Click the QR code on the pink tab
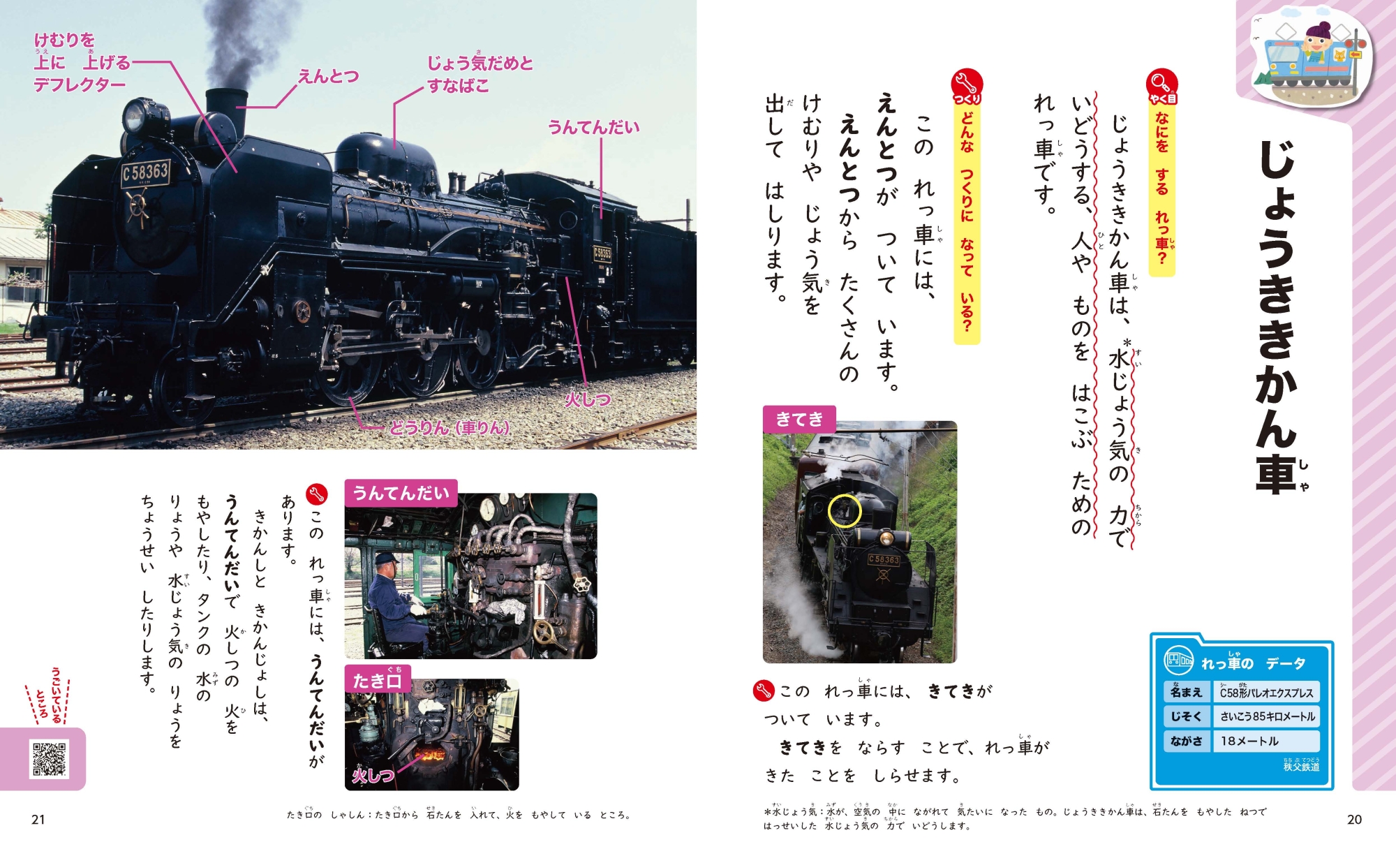[49, 758]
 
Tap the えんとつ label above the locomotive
[328, 76]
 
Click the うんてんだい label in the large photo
[593, 127]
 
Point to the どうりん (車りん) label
[450, 427]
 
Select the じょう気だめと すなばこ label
[480, 74]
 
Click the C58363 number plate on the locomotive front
[145, 172]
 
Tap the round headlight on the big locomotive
[135, 116]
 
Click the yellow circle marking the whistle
[845, 510]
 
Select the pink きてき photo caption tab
[799, 419]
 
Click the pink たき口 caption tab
[378, 679]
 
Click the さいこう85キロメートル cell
[1267, 716]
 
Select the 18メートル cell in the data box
[1267, 741]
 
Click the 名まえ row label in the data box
[1187, 692]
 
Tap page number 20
[1354, 820]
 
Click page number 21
[38, 820]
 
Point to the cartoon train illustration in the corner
[1312, 59]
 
